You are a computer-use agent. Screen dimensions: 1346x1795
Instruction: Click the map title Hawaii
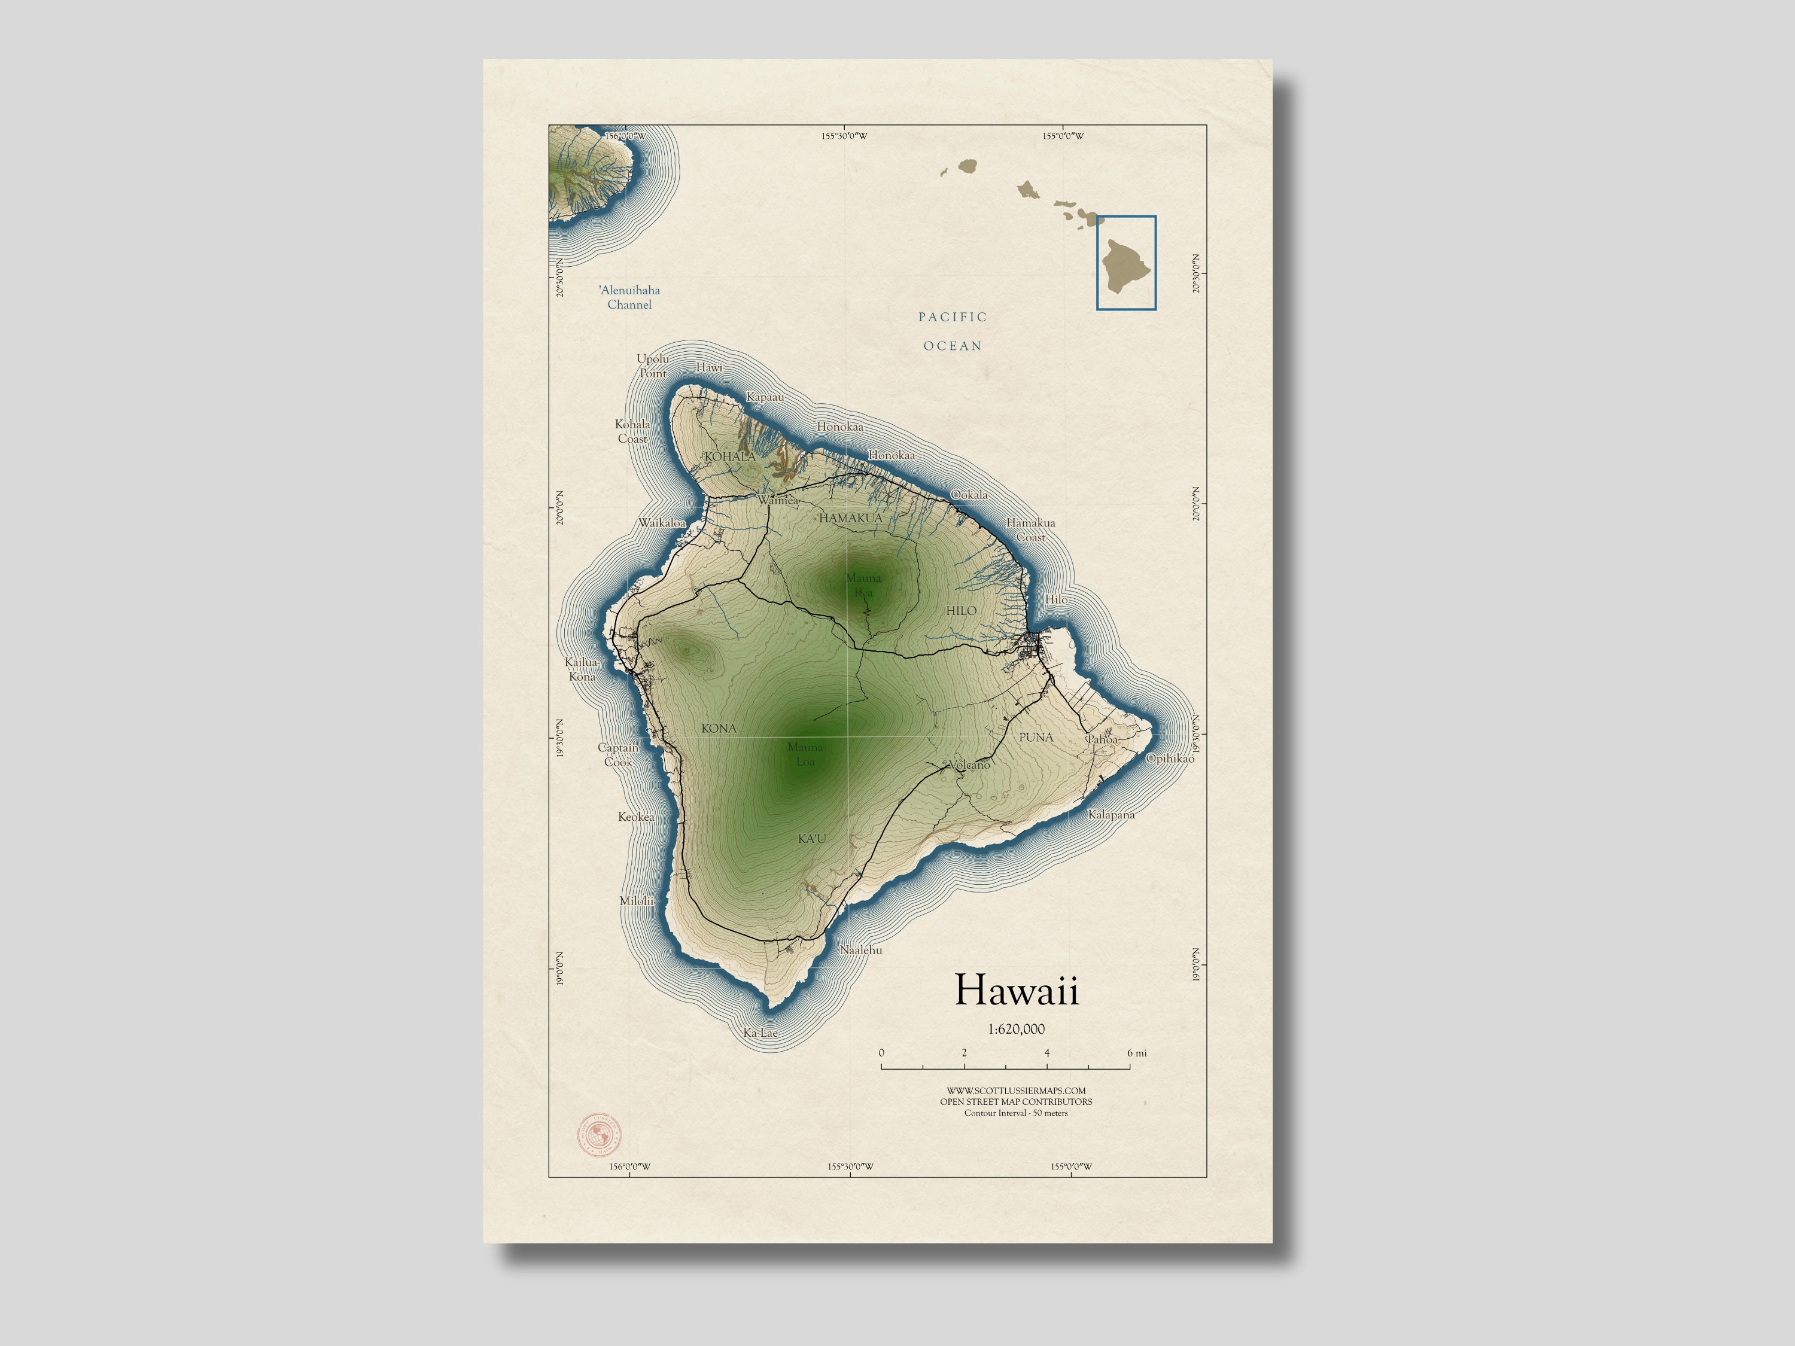tap(1016, 991)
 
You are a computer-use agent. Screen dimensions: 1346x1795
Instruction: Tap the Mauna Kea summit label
tap(863, 585)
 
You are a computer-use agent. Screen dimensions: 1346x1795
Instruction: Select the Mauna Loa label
tap(805, 754)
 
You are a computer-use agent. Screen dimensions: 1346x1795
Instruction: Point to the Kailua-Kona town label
tap(582, 669)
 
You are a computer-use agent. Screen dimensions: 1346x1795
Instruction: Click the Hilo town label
tap(1055, 599)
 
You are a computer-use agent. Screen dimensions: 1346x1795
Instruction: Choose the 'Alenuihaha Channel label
tap(629, 297)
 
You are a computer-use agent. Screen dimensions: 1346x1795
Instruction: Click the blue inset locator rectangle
tap(1126, 262)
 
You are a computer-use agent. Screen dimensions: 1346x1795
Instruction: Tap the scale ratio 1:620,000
tap(1016, 1029)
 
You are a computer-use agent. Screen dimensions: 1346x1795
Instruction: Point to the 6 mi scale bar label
tap(1136, 1053)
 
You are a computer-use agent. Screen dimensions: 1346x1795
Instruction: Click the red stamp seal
tap(599, 1134)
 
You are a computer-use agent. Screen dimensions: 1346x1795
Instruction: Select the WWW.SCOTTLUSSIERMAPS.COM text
tap(1016, 1091)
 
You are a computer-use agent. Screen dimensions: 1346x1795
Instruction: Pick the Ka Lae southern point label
tap(760, 1033)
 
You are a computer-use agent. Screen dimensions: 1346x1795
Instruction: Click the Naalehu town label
tap(860, 949)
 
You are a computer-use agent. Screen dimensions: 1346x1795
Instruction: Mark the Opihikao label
tap(1169, 758)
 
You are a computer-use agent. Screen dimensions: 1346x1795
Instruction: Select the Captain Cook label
tap(618, 754)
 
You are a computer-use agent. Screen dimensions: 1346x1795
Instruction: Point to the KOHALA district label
tap(729, 457)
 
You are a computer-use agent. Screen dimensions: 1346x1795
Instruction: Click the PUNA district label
tap(1036, 738)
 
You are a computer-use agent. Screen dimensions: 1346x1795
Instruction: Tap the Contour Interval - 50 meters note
tap(1016, 1113)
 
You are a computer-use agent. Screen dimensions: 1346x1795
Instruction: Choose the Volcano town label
tap(969, 765)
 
